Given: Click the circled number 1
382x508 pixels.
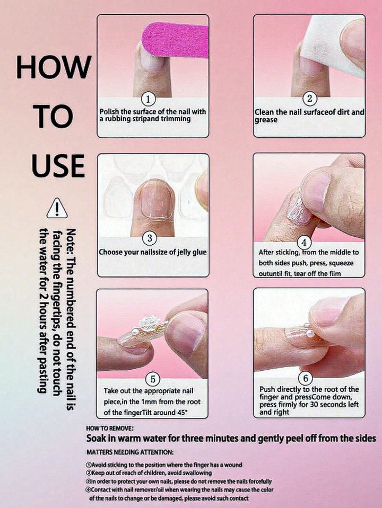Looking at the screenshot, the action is click(149, 99).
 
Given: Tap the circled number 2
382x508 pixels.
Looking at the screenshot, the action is click(309, 98).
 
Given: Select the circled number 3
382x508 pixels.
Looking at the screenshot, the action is click(150, 238).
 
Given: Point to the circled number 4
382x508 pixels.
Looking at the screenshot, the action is click(304, 243).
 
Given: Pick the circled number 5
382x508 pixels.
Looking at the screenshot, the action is click(153, 379).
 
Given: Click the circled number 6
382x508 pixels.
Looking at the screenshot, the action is click(305, 378).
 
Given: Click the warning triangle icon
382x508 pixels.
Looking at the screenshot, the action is click(57, 208).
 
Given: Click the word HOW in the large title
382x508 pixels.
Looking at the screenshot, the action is click(54, 67).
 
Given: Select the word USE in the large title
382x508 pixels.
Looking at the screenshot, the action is click(58, 165).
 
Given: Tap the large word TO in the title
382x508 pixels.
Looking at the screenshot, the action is click(53, 116).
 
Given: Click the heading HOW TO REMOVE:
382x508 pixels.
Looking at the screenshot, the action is click(109, 429).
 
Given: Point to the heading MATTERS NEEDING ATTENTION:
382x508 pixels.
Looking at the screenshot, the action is click(130, 452).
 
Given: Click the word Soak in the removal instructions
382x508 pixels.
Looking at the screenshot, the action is click(96, 439).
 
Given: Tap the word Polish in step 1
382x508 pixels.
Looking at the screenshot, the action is click(109, 111).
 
